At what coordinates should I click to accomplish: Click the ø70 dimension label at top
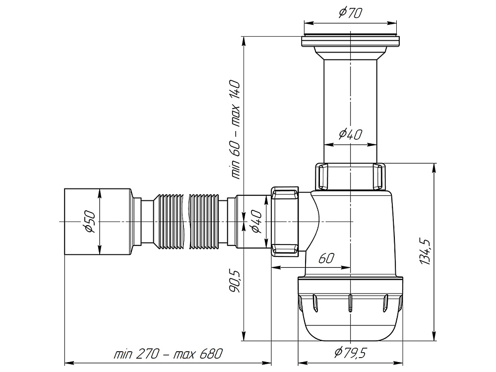point(350,13)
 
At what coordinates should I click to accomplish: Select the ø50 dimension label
point(90,221)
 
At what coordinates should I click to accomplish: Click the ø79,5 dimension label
point(350,352)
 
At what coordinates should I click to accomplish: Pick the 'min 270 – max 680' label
point(168,354)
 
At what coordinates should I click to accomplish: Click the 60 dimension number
point(326,258)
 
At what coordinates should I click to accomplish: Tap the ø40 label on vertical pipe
point(350,134)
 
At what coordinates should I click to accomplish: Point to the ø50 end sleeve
point(98,221)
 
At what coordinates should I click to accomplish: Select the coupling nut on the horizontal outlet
point(285,221)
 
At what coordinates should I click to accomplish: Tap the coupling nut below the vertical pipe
point(350,176)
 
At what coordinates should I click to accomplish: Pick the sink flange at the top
point(350,41)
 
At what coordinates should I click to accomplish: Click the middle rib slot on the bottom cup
point(350,303)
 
